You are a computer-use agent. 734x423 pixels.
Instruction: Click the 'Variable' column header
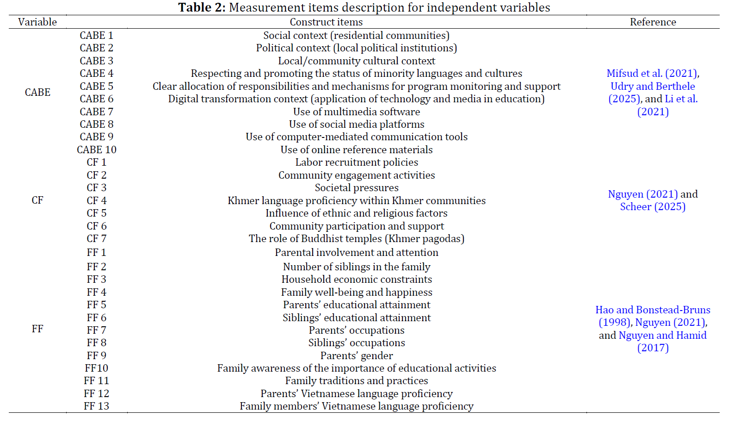[37, 22]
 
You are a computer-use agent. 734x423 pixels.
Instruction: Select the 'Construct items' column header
[326, 22]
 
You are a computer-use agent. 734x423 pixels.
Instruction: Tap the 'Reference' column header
[653, 22]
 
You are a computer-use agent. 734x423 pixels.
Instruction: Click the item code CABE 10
[97, 150]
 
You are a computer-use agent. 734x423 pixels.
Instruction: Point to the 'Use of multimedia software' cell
[357, 112]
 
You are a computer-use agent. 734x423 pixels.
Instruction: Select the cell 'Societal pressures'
[357, 188]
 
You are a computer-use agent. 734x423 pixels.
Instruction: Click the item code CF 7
[97, 239]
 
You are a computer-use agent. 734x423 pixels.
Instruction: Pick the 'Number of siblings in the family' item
[357, 267]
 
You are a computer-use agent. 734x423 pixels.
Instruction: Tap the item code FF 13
[97, 406]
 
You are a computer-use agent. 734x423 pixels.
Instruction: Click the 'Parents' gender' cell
[357, 356]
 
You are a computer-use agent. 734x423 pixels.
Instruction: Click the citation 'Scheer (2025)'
[653, 207]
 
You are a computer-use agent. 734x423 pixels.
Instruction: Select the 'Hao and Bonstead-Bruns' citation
[653, 310]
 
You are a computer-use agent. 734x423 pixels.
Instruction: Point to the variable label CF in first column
[37, 200]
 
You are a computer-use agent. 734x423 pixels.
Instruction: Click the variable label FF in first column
[37, 329]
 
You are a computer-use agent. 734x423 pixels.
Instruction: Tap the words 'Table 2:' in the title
[202, 8]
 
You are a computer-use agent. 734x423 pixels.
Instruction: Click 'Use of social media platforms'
[357, 124]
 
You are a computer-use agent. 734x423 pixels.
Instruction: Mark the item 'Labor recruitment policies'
[357, 162]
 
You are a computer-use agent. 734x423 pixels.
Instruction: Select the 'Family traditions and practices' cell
[357, 381]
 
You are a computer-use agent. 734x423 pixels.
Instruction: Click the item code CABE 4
[97, 74]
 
